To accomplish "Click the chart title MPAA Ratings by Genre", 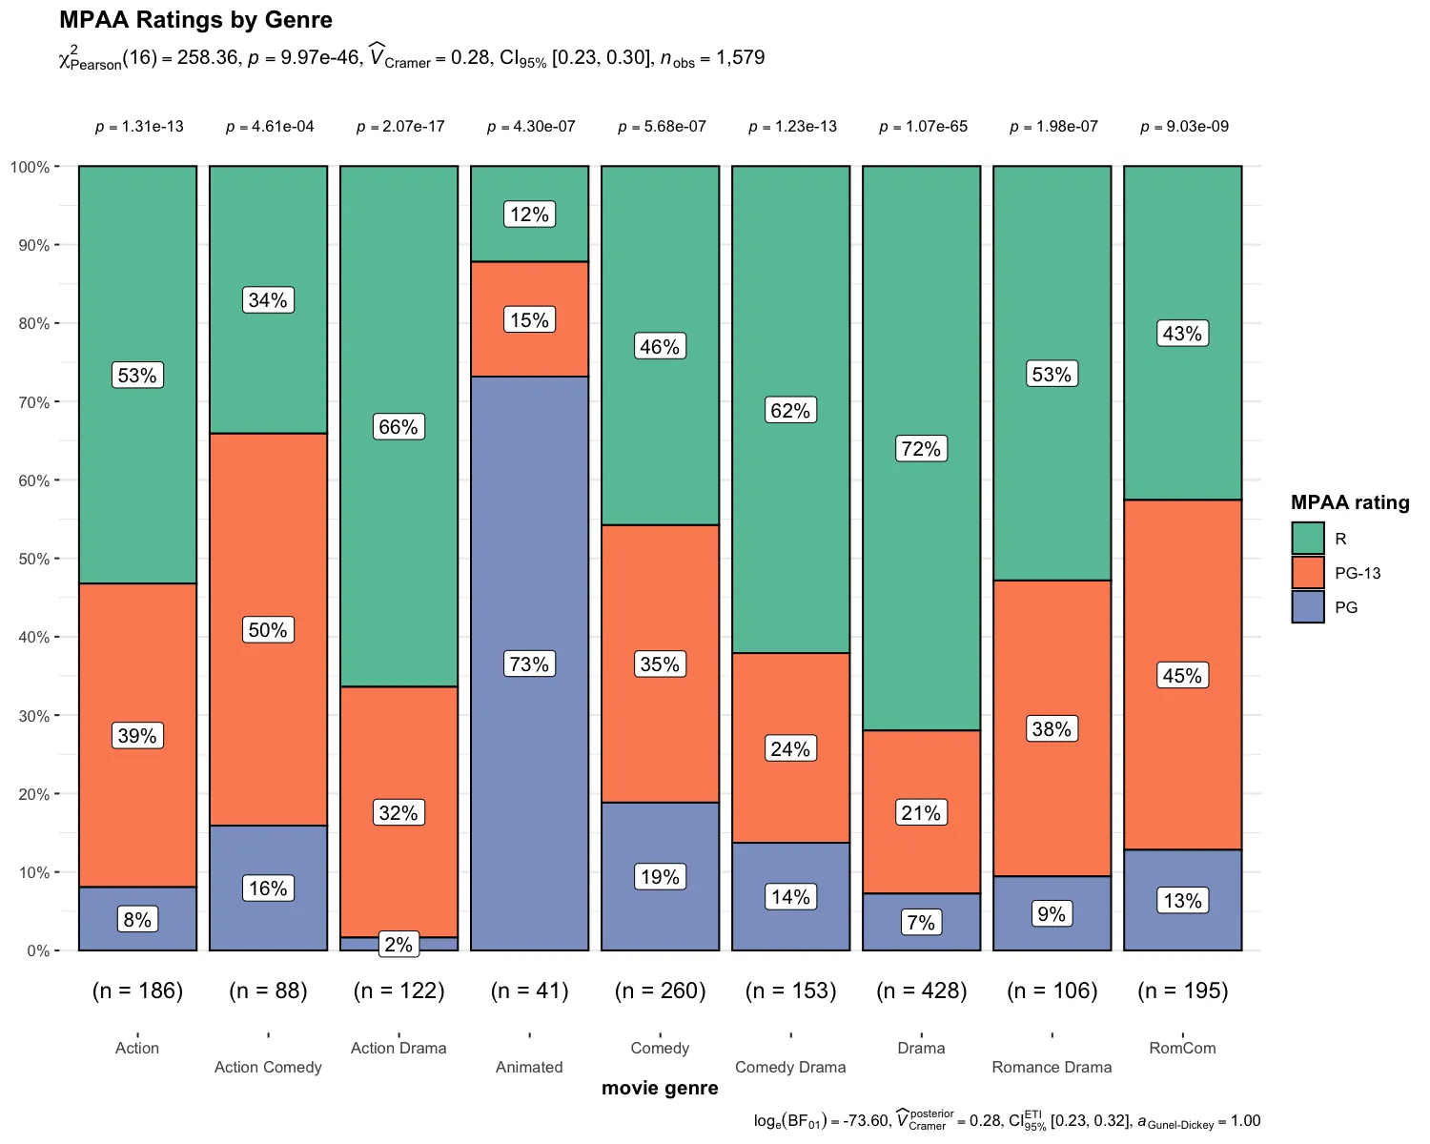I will (195, 20).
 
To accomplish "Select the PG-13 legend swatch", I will (1308, 573).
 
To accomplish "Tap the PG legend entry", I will (1345, 607).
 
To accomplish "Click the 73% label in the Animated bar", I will (529, 664).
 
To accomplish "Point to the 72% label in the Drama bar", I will (921, 449).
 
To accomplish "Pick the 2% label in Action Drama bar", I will (398, 945).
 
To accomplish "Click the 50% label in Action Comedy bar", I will (268, 630).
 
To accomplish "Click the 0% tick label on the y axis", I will (37, 950).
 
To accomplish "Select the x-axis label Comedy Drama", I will (790, 1067).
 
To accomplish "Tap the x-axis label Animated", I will (529, 1067).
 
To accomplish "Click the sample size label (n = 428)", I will (921, 991).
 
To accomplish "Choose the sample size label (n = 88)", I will (268, 991).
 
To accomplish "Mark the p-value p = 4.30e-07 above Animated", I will (531, 127).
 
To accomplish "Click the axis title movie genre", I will (660, 1089).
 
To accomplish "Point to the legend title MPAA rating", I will (1349, 502).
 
